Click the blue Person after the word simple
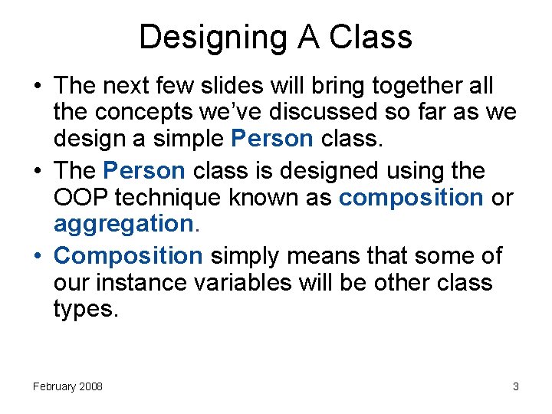point(271,140)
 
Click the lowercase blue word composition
point(410,197)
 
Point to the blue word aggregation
point(123,225)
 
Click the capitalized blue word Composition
point(128,255)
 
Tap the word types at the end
point(84,310)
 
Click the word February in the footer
point(56,386)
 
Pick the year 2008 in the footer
point(91,386)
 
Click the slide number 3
point(516,386)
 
